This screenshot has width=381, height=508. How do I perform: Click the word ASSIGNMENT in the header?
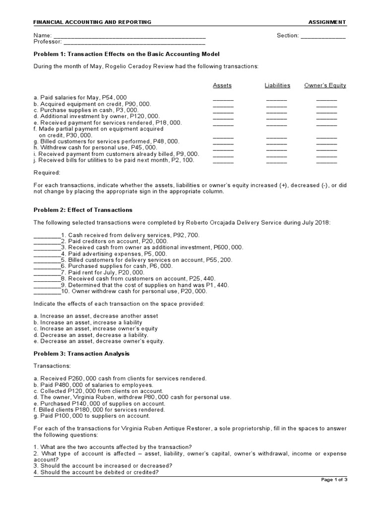pyautogui.click(x=327, y=22)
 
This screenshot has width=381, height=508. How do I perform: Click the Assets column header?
pyautogui.click(x=222, y=85)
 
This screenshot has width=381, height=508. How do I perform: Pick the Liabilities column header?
pyautogui.click(x=277, y=85)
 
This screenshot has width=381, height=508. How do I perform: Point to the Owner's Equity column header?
pyautogui.click(x=325, y=85)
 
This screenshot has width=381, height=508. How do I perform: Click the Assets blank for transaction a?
pyautogui.click(x=223, y=99)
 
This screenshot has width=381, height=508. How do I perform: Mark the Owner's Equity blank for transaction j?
pyautogui.click(x=326, y=162)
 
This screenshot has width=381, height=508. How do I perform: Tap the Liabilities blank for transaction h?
pyautogui.click(x=276, y=149)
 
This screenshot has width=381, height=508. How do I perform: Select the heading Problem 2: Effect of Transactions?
pyautogui.click(x=83, y=210)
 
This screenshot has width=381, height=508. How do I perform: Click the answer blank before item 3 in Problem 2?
pyautogui.click(x=47, y=248)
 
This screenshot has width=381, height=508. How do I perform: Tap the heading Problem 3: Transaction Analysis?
pyautogui.click(x=81, y=354)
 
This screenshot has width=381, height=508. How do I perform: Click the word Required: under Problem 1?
pyautogui.click(x=47, y=173)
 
